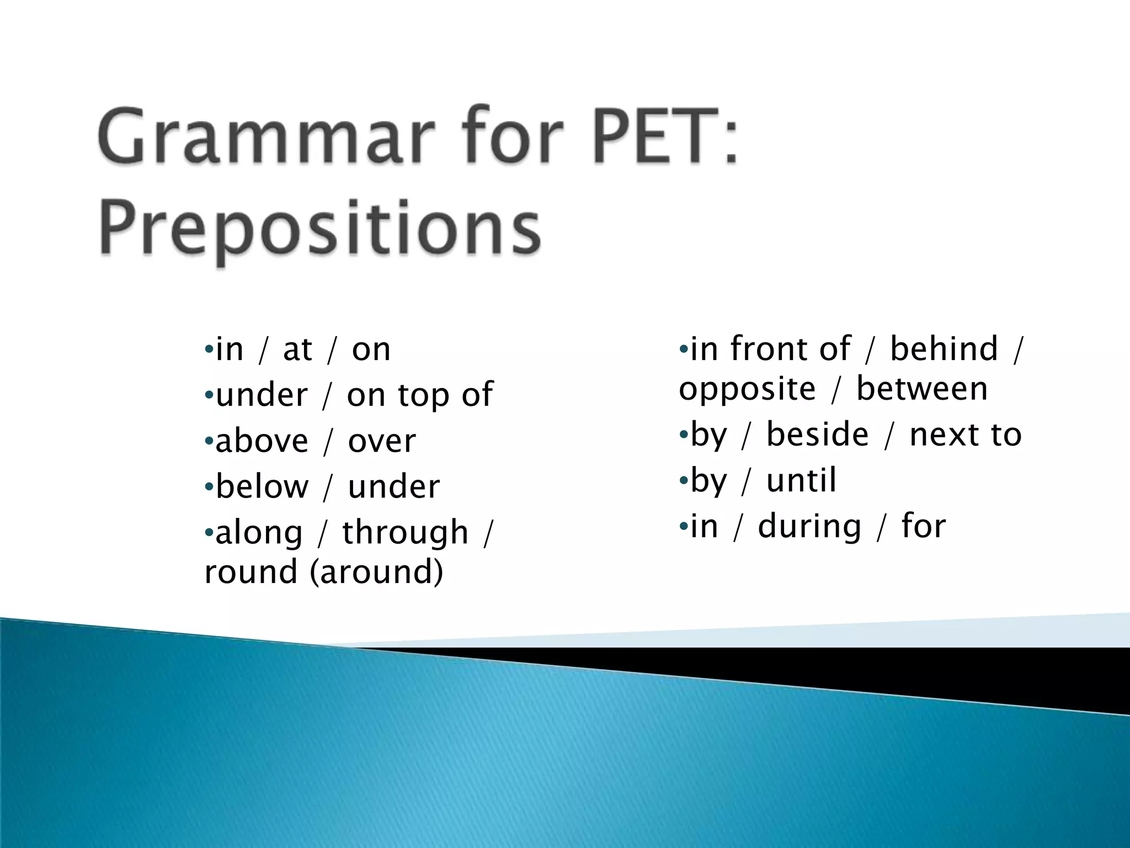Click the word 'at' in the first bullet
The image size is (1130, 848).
tap(297, 350)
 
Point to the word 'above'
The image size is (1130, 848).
tap(262, 441)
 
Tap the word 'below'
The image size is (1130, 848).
tap(262, 487)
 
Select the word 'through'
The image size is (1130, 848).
tap(405, 533)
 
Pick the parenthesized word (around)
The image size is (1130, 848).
tap(376, 572)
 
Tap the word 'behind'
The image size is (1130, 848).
tap(944, 349)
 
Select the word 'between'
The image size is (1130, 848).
tap(921, 389)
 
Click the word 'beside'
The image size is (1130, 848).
tap(817, 434)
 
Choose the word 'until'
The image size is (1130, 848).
tap(801, 480)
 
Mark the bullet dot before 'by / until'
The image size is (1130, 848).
tap(683, 481)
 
